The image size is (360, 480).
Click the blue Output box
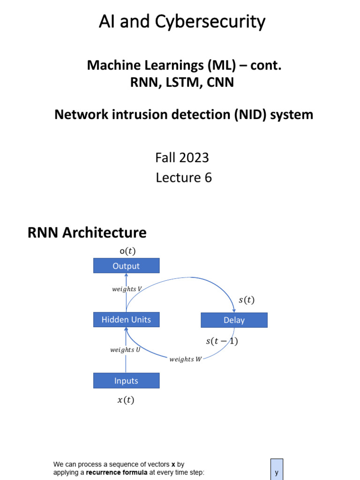(x=126, y=266)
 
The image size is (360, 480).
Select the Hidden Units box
(x=126, y=320)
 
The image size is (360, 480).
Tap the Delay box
(x=234, y=321)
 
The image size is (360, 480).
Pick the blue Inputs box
(x=126, y=381)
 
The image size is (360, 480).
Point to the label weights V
(x=127, y=289)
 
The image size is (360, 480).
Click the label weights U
(x=125, y=350)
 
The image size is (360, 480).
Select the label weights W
(x=185, y=359)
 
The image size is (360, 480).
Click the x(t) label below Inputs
(x=125, y=400)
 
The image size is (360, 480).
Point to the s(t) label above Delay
(x=246, y=300)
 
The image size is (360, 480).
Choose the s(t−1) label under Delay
(x=222, y=341)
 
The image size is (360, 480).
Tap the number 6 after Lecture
(x=208, y=178)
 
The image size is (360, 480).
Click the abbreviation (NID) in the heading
(x=253, y=114)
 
